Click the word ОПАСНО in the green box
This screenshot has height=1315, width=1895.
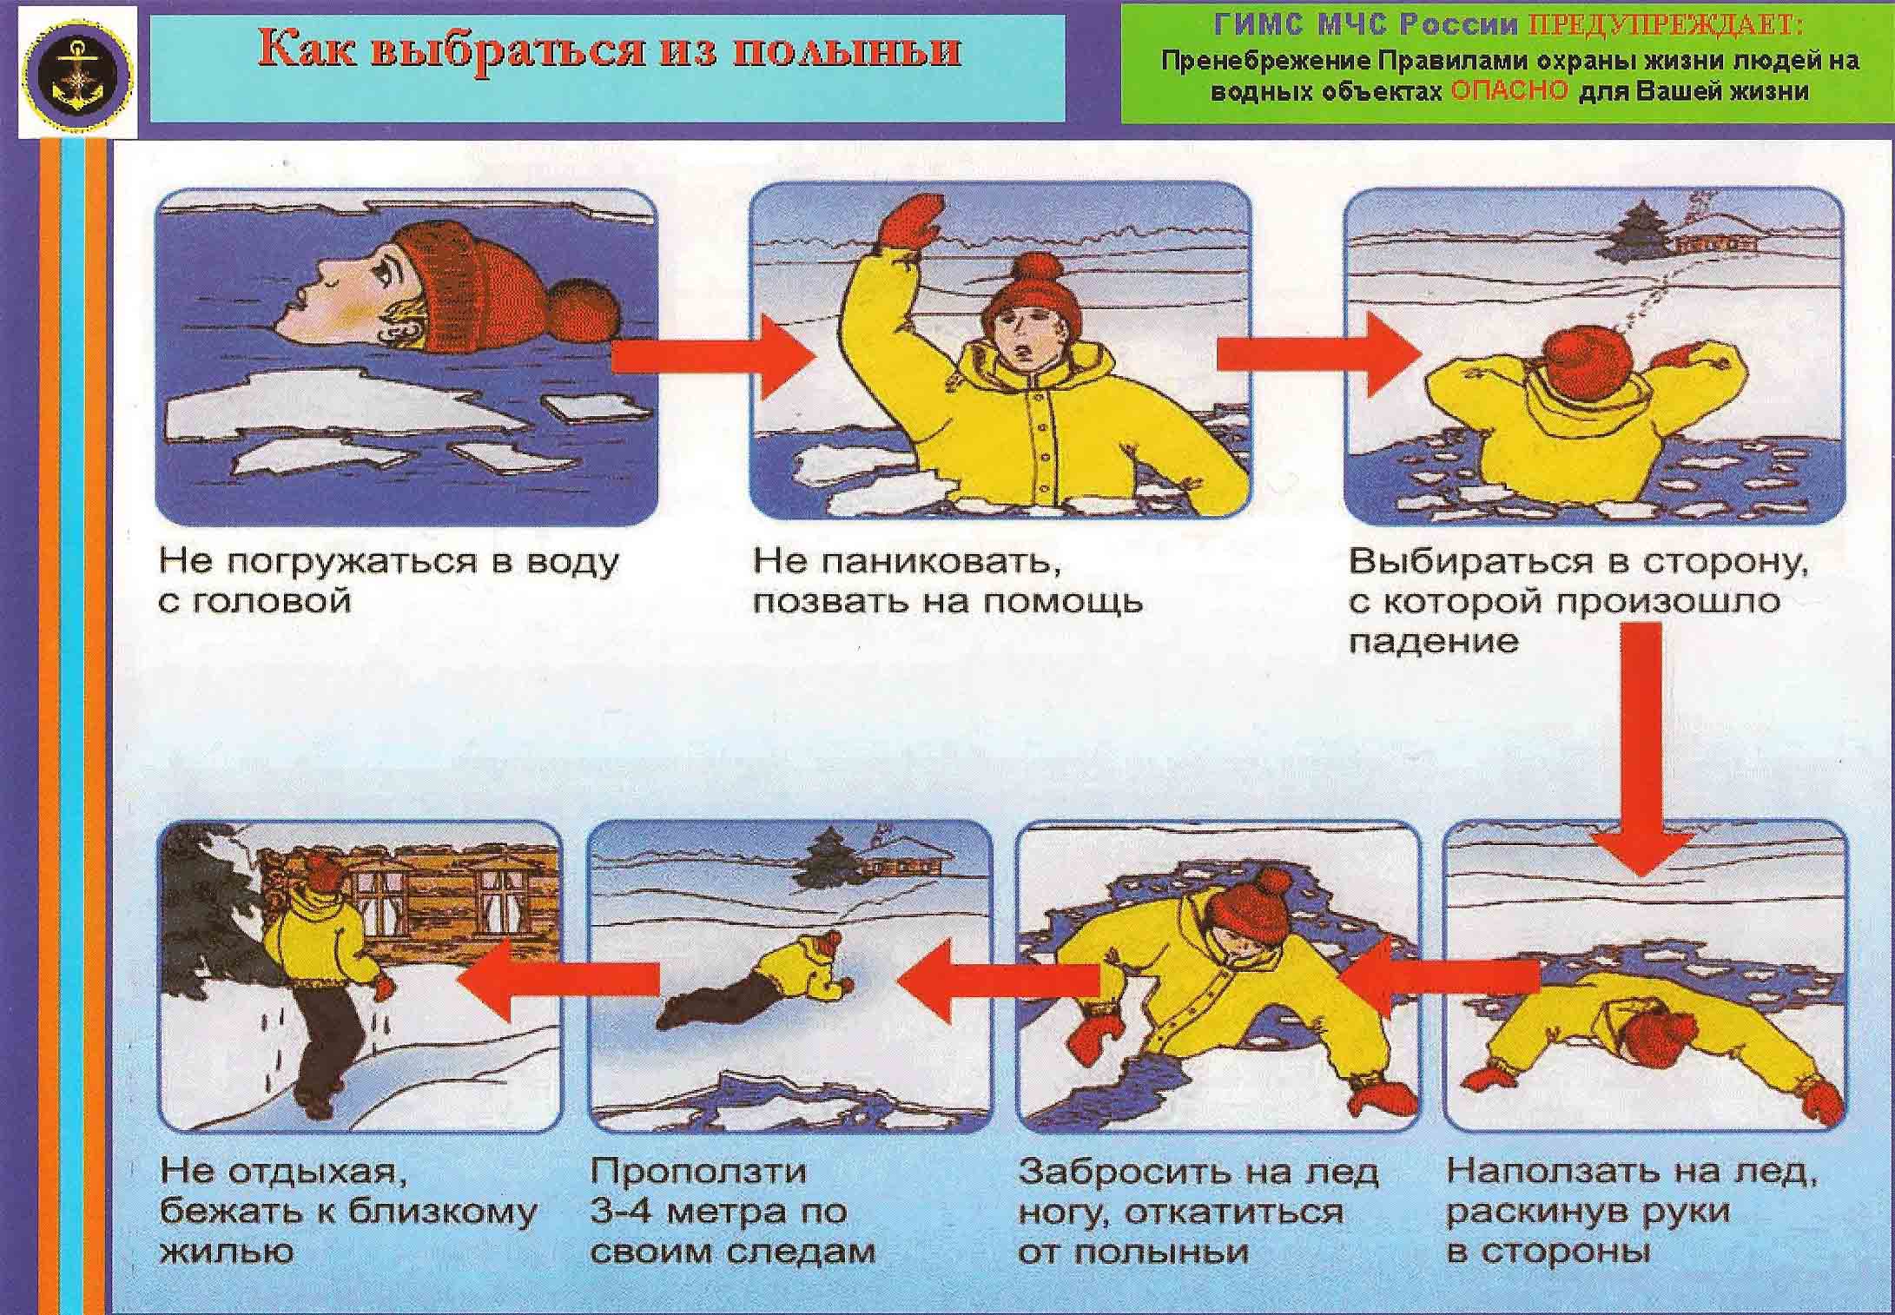click(1509, 92)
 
